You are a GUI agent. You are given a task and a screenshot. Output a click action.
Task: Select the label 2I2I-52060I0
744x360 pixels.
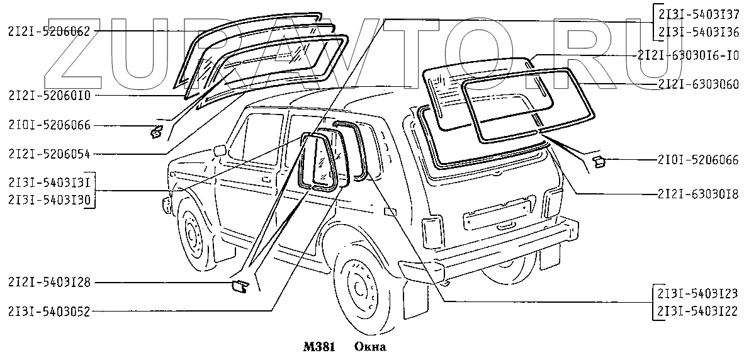tap(48, 96)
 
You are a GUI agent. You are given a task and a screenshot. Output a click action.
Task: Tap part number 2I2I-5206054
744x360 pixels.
tap(48, 153)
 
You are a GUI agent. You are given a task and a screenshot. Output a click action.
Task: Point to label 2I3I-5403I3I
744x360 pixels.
tap(48, 183)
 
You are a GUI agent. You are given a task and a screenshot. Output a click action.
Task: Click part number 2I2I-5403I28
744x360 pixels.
tap(48, 283)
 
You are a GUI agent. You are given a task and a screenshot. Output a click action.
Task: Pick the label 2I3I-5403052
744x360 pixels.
tap(48, 310)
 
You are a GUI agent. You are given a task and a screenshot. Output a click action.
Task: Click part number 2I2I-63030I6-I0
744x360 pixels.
tap(687, 55)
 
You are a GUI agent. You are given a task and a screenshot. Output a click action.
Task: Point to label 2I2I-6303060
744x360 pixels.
tap(697, 84)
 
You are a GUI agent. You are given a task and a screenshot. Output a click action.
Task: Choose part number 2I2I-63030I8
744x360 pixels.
tap(697, 193)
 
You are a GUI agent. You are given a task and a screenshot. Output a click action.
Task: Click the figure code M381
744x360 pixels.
tap(318, 347)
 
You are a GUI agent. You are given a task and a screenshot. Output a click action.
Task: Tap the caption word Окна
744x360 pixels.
tap(369, 347)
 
